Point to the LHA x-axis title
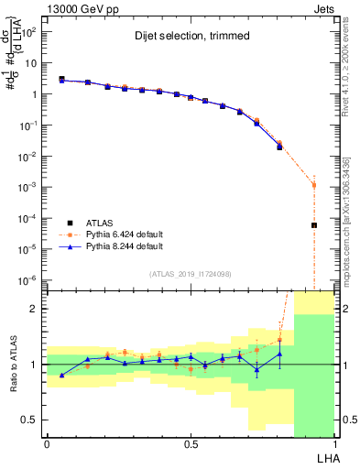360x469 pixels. point(326,456)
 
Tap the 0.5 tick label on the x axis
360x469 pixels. point(191,444)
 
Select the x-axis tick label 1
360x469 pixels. point(334,444)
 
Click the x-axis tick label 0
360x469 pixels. point(47,444)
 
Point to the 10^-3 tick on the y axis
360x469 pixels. point(30,187)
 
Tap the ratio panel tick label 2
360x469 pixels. point(35,309)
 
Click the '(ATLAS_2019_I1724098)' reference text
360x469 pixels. point(190,274)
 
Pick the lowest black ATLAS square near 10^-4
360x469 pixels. point(313,225)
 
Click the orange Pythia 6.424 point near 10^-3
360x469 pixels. point(313,185)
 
